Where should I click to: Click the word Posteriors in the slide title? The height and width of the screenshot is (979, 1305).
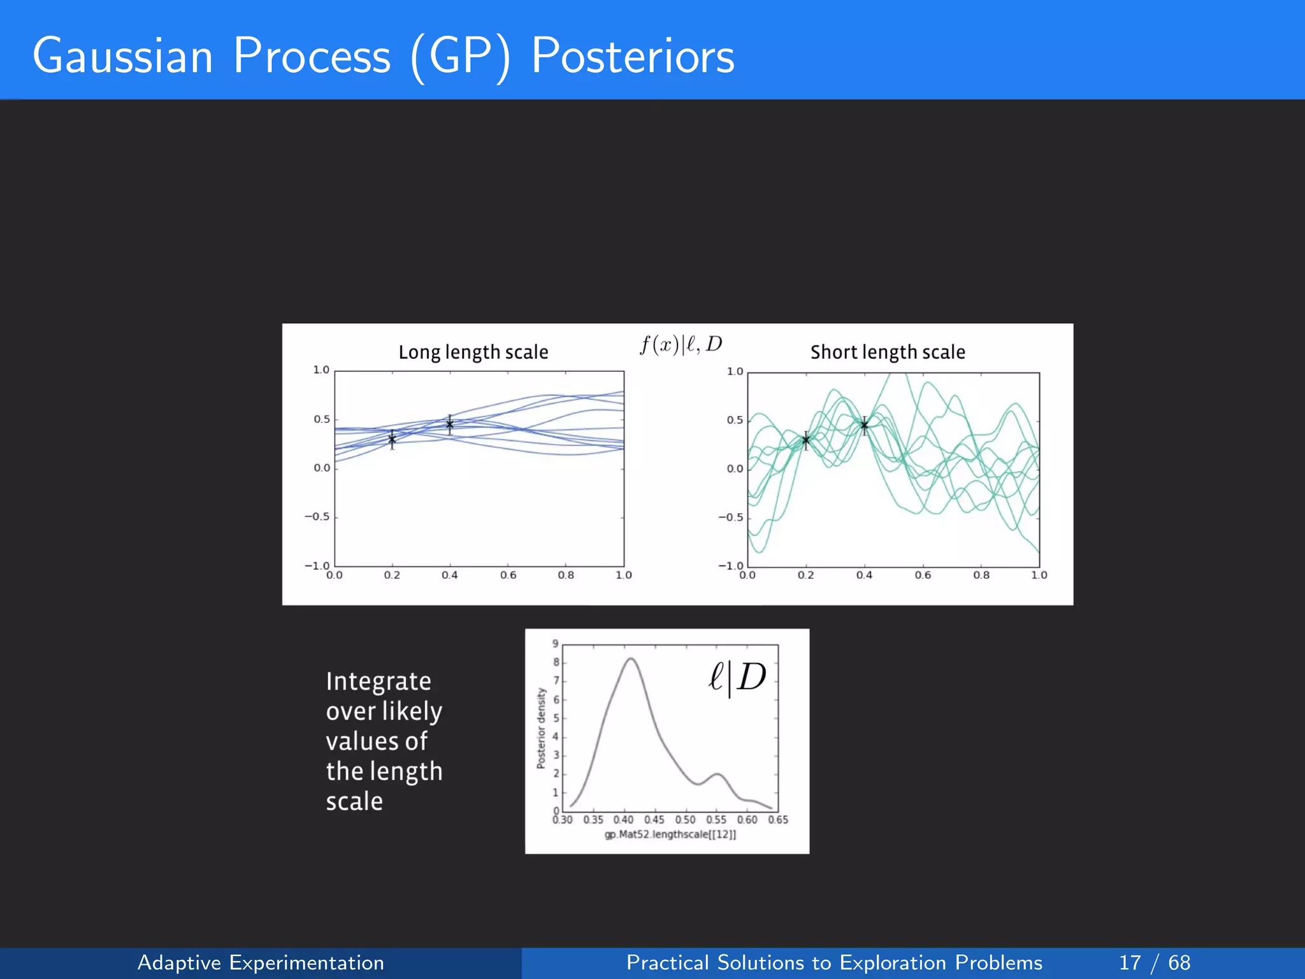tap(632, 56)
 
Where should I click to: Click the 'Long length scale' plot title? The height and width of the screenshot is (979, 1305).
tap(473, 352)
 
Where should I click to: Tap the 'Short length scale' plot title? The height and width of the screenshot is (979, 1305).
tap(887, 352)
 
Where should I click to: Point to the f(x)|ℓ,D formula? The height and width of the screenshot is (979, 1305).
tap(681, 345)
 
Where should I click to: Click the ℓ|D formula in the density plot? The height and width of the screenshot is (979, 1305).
tap(737, 677)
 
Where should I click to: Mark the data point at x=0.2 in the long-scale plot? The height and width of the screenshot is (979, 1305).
tap(392, 439)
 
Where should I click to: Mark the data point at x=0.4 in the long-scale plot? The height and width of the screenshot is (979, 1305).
tap(449, 424)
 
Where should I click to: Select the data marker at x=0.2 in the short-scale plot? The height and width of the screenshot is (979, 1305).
tap(805, 440)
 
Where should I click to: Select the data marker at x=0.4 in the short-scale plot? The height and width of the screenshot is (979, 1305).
tap(864, 425)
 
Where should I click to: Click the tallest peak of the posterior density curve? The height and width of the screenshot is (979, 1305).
tap(630, 659)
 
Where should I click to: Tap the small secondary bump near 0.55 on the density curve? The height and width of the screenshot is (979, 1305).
tap(717, 774)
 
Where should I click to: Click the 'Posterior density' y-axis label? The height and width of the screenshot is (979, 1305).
tap(541, 728)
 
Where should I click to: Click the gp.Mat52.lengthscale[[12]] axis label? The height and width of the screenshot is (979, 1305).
tap(670, 834)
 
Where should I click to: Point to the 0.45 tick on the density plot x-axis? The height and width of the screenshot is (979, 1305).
tap(654, 820)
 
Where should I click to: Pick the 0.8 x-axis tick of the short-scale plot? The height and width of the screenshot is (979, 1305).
tap(981, 575)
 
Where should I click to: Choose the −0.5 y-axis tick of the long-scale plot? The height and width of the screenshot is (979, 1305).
tap(317, 516)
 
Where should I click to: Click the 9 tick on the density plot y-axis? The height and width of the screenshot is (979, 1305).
tap(555, 644)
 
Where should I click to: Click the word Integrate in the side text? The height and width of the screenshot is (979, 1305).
tap(379, 681)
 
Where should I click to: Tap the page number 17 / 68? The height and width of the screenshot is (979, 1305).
tap(1154, 962)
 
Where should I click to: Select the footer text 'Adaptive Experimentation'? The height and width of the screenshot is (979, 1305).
tap(261, 962)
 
